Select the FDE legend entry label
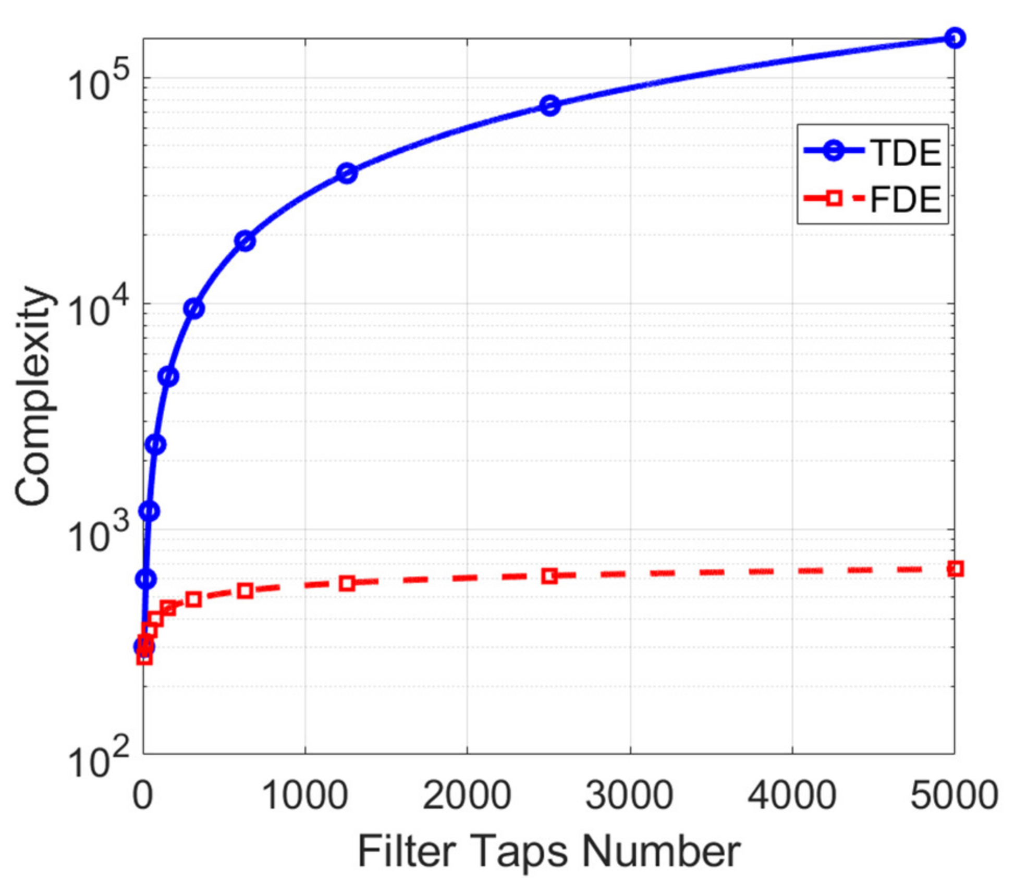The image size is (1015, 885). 906,199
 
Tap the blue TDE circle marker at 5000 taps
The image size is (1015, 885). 955,38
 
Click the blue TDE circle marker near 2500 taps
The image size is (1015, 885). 549,106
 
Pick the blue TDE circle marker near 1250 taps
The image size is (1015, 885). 347,173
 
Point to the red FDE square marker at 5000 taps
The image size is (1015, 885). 955,569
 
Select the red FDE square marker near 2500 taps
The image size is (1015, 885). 549,576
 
